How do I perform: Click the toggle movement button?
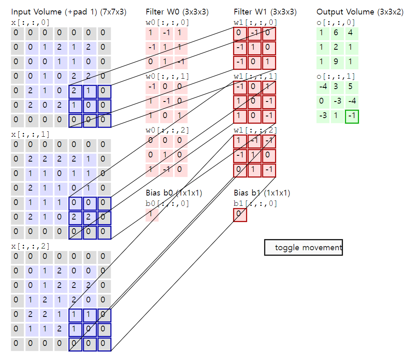(x=303, y=248)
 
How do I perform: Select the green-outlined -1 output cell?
(x=352, y=117)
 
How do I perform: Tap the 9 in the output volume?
(x=336, y=63)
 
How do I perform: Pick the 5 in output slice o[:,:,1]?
(x=352, y=87)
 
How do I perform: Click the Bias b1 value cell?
(x=240, y=215)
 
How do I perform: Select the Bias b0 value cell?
(x=152, y=215)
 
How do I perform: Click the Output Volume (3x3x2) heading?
(x=360, y=12)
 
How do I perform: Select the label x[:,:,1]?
(x=30, y=134)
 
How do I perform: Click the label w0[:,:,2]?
(x=167, y=130)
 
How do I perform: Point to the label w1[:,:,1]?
(x=255, y=76)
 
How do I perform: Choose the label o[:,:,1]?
(x=336, y=76)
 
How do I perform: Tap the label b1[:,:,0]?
(x=255, y=203)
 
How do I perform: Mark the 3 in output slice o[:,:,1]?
(x=336, y=87)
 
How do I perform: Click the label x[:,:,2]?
(x=30, y=246)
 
